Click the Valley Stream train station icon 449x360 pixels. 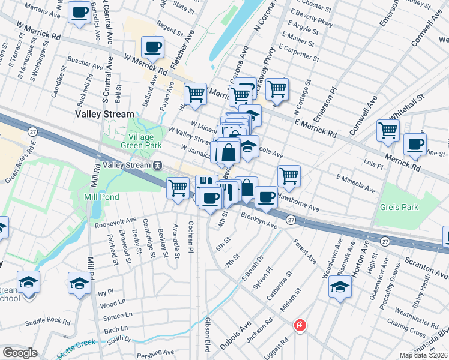[x=158, y=165]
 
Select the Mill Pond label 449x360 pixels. [x=101, y=197]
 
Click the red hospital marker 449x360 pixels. [x=299, y=326]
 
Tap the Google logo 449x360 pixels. [x=20, y=352]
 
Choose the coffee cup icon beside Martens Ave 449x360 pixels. [x=79, y=12]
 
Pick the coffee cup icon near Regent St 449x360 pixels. [x=152, y=47]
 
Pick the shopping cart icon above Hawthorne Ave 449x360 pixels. [x=289, y=175]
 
